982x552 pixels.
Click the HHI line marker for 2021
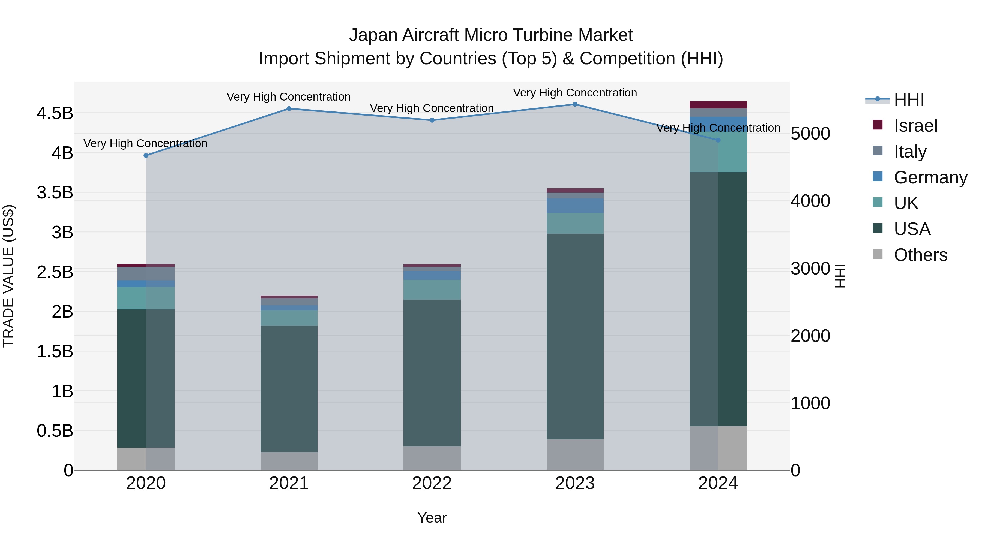(x=289, y=108)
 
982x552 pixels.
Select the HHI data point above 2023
(x=575, y=104)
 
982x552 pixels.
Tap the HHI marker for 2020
(x=146, y=155)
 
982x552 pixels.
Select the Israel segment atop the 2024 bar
(x=718, y=105)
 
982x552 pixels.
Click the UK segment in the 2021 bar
(x=289, y=318)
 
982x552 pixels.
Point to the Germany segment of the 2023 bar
(x=575, y=206)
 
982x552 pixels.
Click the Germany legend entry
(x=930, y=177)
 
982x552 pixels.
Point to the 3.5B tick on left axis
(x=55, y=192)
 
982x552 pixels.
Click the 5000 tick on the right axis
(x=810, y=134)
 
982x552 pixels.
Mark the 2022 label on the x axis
(x=432, y=483)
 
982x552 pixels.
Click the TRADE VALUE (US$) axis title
(x=8, y=276)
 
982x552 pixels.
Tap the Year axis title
(x=432, y=518)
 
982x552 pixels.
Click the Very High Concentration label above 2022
(x=432, y=108)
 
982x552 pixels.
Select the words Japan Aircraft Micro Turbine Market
(x=491, y=35)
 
